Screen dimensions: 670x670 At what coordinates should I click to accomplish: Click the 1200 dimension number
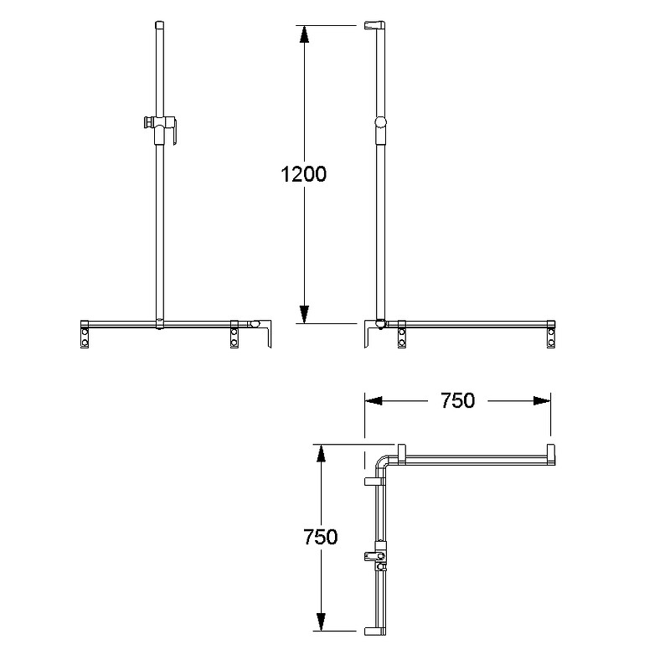[303, 174]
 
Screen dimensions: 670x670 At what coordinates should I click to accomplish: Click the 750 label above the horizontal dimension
[457, 401]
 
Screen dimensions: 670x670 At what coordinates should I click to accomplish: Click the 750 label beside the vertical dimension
[321, 537]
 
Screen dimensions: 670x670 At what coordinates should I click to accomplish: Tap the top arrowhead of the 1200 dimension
[304, 34]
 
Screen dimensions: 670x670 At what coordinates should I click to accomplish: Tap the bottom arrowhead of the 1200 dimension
[304, 315]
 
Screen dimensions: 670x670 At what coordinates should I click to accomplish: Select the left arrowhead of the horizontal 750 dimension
[374, 401]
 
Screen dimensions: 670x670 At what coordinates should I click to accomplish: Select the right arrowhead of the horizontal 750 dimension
[542, 401]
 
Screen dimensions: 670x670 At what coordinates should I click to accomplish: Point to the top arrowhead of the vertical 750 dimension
[321, 453]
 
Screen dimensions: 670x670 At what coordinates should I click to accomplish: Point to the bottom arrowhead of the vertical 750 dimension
[321, 621]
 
